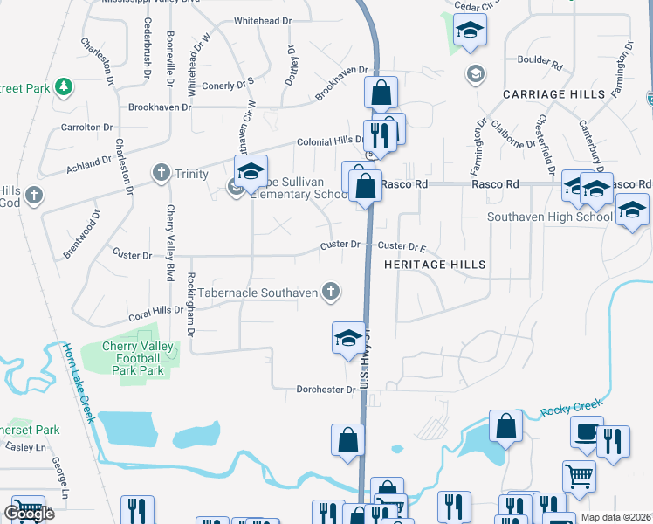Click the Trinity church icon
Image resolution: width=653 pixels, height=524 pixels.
pyautogui.click(x=161, y=173)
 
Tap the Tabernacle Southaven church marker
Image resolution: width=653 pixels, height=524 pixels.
pyautogui.click(x=330, y=292)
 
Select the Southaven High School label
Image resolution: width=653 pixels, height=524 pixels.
pyautogui.click(x=549, y=217)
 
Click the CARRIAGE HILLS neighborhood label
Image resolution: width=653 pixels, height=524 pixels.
pyautogui.click(x=553, y=93)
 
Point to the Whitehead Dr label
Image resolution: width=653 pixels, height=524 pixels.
pyautogui.click(x=262, y=19)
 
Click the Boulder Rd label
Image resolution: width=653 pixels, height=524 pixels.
pyautogui.click(x=540, y=61)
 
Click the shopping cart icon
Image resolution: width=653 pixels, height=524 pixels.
pyautogui.click(x=579, y=478)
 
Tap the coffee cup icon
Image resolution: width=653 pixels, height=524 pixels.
pyautogui.click(x=587, y=431)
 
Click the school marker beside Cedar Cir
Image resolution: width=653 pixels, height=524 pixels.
pyautogui.click(x=470, y=32)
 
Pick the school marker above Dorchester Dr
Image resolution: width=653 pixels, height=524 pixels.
pyautogui.click(x=348, y=339)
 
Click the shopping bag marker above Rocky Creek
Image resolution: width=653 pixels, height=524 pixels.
pyautogui.click(x=506, y=427)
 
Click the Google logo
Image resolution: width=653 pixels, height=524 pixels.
pyautogui.click(x=30, y=514)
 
